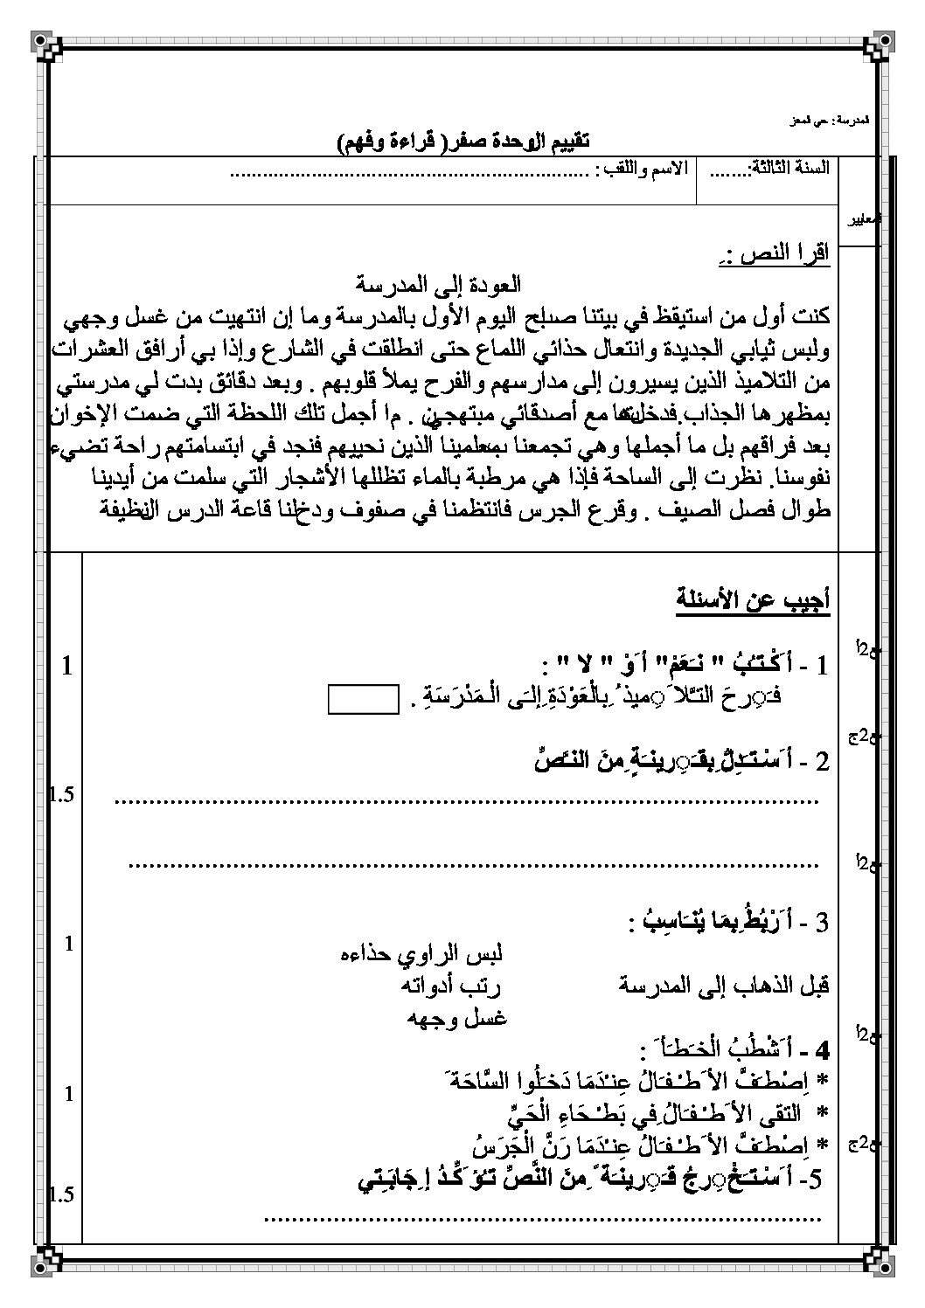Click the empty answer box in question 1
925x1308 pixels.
(x=363, y=700)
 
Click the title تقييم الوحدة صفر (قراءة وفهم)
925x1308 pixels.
(x=463, y=142)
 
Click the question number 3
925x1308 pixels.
(x=819, y=922)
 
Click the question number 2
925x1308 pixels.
(x=820, y=762)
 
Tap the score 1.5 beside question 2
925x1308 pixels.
(x=63, y=794)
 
